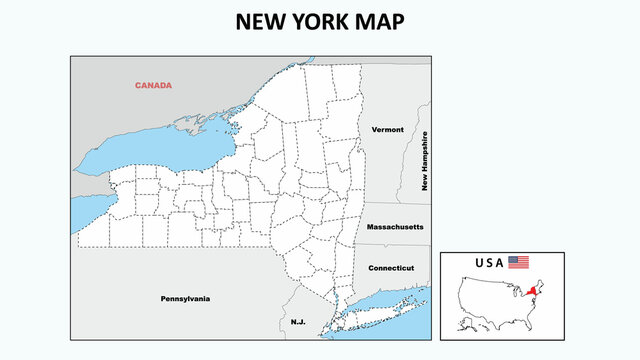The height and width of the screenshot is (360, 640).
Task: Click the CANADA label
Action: click(x=153, y=85)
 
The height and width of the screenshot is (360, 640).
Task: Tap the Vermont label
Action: click(x=387, y=130)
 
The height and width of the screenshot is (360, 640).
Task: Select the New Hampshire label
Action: click(x=425, y=160)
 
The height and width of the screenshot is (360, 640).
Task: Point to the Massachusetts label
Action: click(x=395, y=228)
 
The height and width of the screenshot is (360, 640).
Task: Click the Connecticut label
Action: click(x=391, y=268)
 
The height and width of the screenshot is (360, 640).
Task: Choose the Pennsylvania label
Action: click(x=185, y=298)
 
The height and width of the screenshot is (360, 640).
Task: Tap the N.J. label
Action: click(x=298, y=322)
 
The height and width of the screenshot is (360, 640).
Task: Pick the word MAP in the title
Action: click(x=384, y=22)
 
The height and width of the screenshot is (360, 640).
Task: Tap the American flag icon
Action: click(x=518, y=262)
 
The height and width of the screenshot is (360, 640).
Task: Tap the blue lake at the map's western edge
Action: click(x=88, y=212)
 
